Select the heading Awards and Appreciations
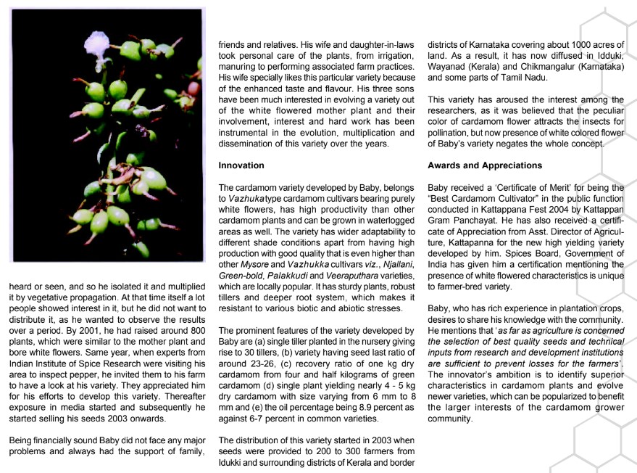click(485, 166)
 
